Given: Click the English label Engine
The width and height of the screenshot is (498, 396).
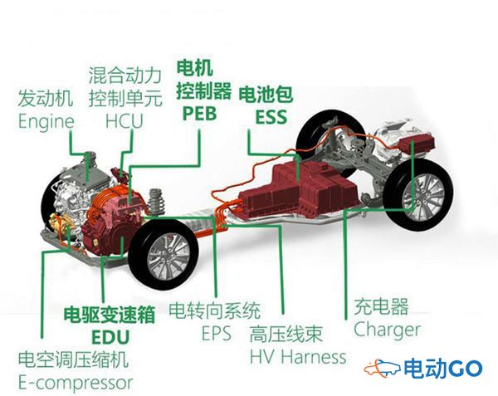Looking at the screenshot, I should (x=46, y=121).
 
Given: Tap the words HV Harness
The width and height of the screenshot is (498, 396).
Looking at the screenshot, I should (x=297, y=357).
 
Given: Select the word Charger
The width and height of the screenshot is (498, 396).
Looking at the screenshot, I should (x=387, y=330).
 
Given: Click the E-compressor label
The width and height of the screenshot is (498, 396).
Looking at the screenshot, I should (x=75, y=383).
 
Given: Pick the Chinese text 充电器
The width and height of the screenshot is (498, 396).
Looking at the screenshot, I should (x=381, y=307).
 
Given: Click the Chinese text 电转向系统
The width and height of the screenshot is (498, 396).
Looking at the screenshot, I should (x=214, y=313).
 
